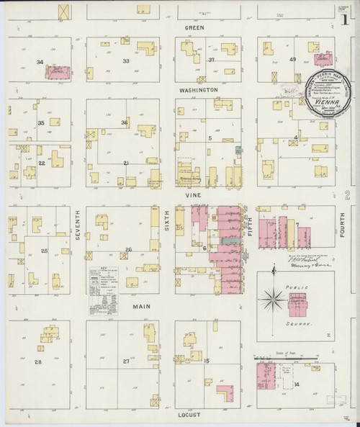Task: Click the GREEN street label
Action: click(194, 27)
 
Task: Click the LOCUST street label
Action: click(191, 415)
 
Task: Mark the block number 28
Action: click(39, 361)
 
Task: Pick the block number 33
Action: click(125, 61)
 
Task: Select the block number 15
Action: click(207, 359)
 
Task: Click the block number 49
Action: click(292, 60)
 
